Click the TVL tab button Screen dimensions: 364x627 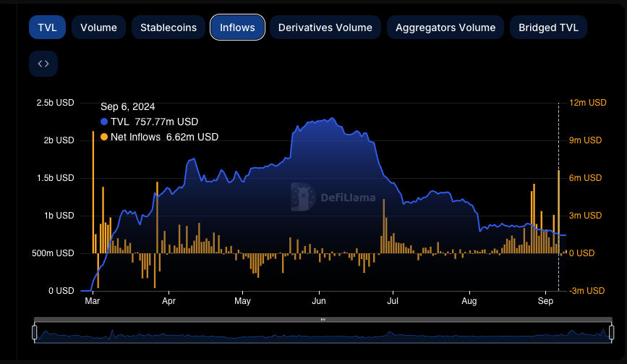48,27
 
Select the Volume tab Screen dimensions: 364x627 98,27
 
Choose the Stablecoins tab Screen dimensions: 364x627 168,27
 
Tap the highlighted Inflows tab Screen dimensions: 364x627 237,27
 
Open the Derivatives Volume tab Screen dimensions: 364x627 325,27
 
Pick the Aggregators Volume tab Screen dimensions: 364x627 445,27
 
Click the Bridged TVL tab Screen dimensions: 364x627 548,27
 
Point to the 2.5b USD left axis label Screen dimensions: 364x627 56,103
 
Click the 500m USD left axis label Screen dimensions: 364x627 56,253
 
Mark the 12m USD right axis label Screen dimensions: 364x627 588,103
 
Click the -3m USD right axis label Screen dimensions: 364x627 588,291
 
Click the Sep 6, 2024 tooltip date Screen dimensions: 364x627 127,107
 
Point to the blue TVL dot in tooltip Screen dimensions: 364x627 104,122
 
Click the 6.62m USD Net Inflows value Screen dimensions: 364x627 192,137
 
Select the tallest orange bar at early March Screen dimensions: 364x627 93,192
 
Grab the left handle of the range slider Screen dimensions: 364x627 34,332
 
